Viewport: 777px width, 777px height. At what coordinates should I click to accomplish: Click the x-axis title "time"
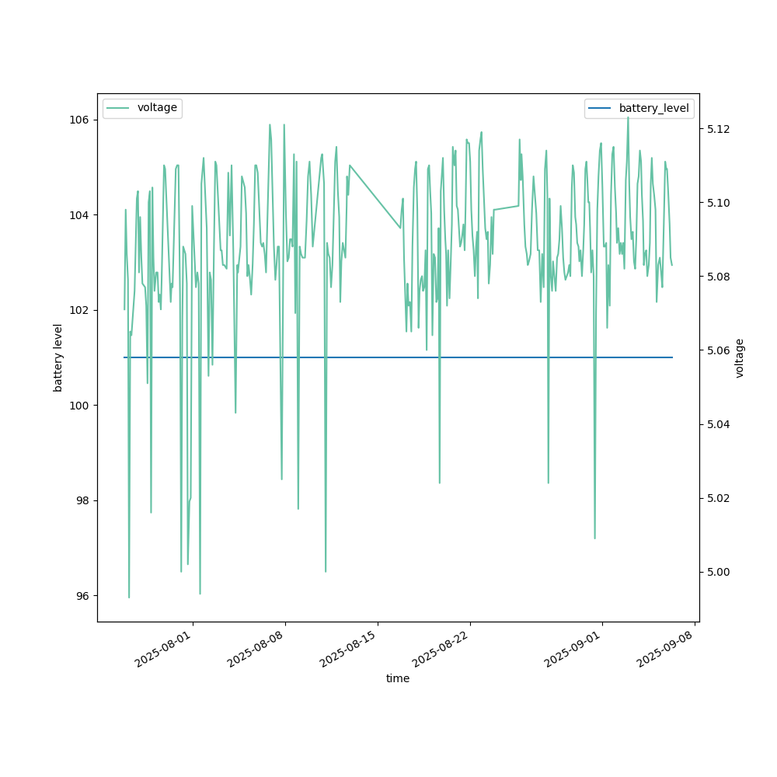398,678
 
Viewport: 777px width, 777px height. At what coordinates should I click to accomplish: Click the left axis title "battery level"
57,357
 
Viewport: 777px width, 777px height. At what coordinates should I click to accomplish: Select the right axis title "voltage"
740,357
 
